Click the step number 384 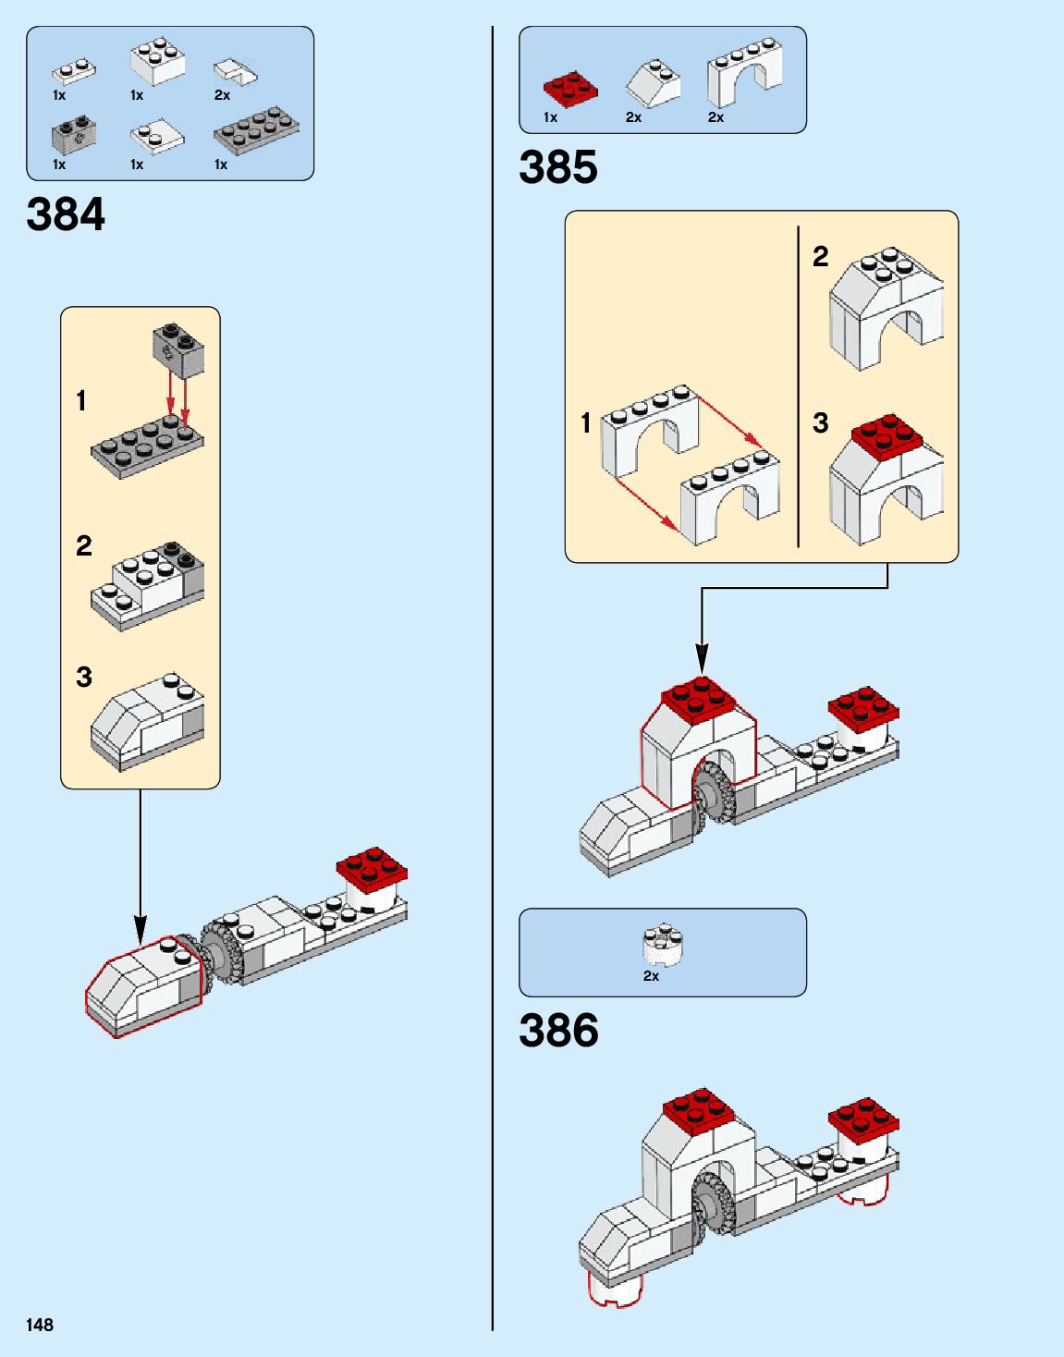(x=66, y=214)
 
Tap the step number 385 (x=558, y=167)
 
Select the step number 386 (x=558, y=1031)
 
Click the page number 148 (x=40, y=1325)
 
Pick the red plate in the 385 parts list (x=569, y=90)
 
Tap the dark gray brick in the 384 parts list (x=74, y=137)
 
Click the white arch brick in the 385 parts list (x=743, y=70)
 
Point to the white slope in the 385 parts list (x=653, y=82)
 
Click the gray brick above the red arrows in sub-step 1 (x=178, y=349)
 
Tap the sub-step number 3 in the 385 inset (x=820, y=423)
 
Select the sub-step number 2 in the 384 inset (x=84, y=545)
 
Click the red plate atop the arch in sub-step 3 (x=886, y=435)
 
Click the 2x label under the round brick (x=651, y=976)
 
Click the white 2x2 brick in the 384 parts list (x=157, y=61)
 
